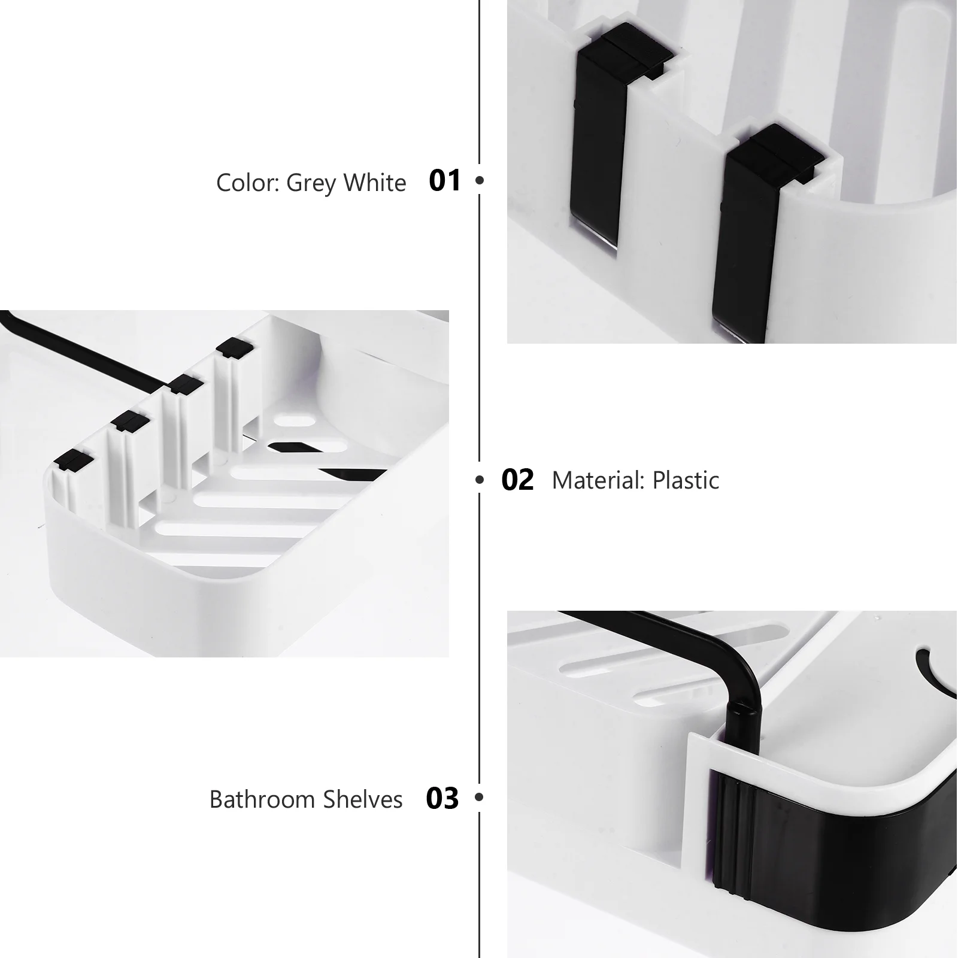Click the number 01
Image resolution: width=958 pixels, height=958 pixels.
click(x=445, y=180)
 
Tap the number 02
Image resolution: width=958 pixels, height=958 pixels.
click(x=517, y=480)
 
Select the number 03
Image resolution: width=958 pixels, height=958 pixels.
click(x=442, y=798)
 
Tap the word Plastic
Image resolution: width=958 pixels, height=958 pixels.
click(x=686, y=480)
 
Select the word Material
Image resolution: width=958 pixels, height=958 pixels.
click(x=600, y=480)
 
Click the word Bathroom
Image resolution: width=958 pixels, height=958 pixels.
click(x=263, y=799)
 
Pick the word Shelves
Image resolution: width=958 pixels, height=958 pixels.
click(x=363, y=799)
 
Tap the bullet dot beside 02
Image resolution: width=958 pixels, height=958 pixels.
click(x=479, y=480)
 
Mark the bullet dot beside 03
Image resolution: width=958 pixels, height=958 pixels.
click(x=479, y=797)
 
